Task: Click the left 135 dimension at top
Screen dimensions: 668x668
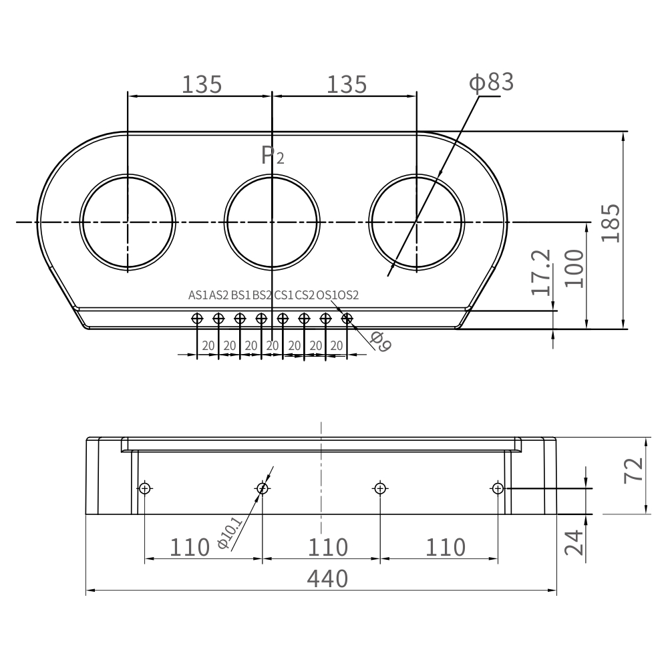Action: [202, 84]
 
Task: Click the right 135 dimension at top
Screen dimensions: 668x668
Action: [347, 84]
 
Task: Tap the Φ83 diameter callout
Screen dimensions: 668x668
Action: [491, 83]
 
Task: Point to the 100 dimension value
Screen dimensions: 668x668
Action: [574, 269]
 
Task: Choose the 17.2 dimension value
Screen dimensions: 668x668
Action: [542, 273]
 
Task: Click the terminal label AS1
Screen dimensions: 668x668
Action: [198, 295]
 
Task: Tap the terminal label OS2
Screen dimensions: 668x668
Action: [348, 295]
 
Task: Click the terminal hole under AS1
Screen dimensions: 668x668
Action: [197, 318]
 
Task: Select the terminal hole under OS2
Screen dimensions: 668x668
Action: [347, 318]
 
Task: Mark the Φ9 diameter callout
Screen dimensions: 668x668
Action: [381, 342]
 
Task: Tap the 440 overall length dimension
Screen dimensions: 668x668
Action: [327, 578]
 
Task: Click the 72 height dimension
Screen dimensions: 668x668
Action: [635, 469]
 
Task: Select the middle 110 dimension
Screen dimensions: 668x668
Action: [327, 547]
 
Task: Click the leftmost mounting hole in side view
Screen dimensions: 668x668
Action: [145, 488]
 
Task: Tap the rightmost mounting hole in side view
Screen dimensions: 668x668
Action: [497, 488]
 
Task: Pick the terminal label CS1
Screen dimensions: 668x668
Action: [284, 295]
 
